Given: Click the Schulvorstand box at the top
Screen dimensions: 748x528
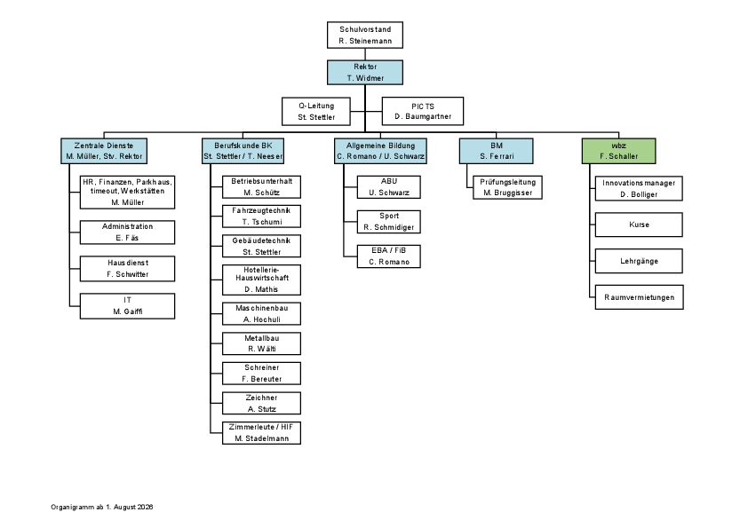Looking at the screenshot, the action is [x=365, y=35].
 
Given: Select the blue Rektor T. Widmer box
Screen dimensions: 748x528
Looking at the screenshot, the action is [x=365, y=73].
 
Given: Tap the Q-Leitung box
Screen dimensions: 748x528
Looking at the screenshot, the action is [x=316, y=112].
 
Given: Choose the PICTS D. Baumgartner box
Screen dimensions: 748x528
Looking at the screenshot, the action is [x=423, y=111].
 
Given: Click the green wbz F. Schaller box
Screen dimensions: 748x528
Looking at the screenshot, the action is [x=618, y=151].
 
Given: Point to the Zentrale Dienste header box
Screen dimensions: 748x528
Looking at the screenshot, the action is [x=104, y=151].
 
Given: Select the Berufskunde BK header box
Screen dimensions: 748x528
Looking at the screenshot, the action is [x=243, y=151].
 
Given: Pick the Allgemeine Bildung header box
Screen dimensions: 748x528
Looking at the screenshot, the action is [x=380, y=151].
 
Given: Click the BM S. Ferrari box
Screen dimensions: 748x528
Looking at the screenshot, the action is [x=496, y=151].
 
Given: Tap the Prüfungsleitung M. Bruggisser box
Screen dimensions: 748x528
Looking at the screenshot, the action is [x=507, y=187].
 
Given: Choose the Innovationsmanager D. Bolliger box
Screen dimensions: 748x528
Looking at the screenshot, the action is [x=639, y=188].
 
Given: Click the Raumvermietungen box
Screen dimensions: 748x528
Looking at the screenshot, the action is [x=640, y=297].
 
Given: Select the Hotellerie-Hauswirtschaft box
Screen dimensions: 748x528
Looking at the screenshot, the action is [x=261, y=280].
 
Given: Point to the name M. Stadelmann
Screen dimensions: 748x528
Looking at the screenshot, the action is [x=262, y=438].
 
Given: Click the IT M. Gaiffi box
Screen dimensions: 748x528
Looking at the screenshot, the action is [x=127, y=306].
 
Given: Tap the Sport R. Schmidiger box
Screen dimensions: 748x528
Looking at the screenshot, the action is [x=389, y=222].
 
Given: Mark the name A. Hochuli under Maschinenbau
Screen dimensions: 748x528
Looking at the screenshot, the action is [x=262, y=319].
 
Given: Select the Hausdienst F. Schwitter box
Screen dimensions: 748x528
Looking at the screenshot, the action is [x=127, y=269].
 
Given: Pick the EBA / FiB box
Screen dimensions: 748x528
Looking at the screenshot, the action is [x=389, y=256].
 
